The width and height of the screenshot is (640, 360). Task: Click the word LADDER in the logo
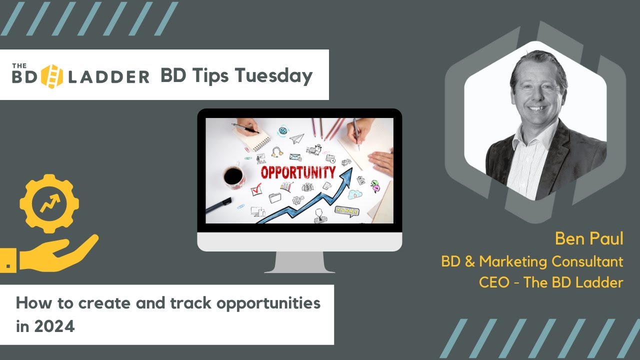[108, 77]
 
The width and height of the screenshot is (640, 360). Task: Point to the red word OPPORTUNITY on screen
[298, 172]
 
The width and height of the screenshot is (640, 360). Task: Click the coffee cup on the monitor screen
[233, 175]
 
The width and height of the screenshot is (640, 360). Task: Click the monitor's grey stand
[299, 262]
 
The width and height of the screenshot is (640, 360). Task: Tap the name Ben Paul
[589, 238]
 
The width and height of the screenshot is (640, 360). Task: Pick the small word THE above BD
[19, 65]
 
